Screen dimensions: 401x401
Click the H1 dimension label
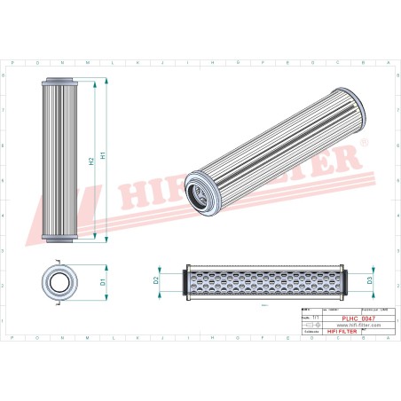103,156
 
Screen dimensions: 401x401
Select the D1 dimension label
103,282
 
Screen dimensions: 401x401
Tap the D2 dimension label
156,280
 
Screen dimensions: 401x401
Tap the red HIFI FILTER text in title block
342,331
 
